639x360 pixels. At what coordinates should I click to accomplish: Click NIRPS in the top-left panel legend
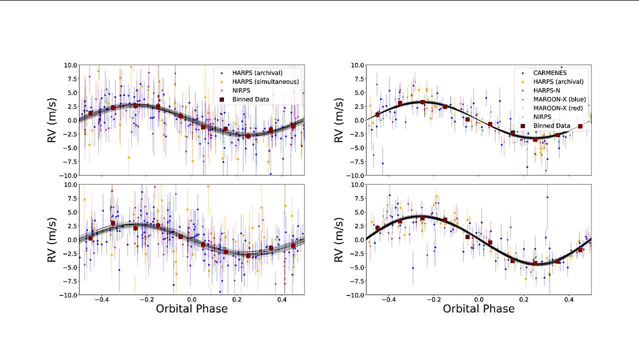[x=241, y=90]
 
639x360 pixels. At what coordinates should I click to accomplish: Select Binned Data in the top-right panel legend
[x=550, y=125]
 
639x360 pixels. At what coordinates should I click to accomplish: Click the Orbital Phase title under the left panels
[x=191, y=308]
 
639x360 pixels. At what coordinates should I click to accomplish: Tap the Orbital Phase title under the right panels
[x=478, y=308]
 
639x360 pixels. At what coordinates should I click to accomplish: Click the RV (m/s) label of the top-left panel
[x=52, y=120]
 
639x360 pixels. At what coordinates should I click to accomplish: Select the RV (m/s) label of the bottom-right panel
[x=339, y=239]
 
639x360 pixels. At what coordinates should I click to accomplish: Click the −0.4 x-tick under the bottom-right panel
[x=387, y=300]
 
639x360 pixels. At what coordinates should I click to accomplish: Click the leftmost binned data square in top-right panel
[x=377, y=114]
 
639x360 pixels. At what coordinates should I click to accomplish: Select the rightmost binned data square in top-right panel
[x=580, y=126]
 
